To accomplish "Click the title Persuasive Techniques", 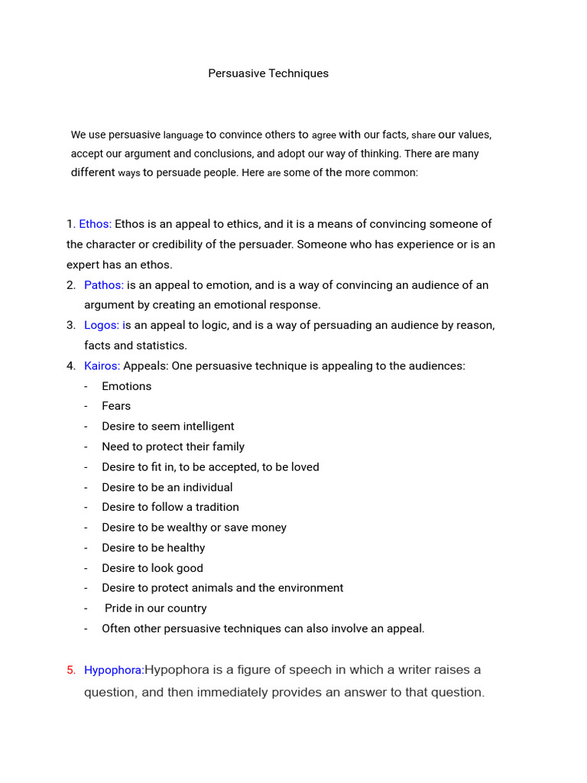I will [268, 73].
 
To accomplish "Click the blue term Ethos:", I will [95, 224].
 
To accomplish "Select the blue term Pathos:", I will [104, 285].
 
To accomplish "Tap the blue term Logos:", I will [102, 325].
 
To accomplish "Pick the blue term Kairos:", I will [102, 366].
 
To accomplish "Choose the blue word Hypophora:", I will [114, 671].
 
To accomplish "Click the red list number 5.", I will [71, 671].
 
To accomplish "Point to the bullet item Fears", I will [116, 406].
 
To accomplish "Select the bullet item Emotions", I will [127, 386].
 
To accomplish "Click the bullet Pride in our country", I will [156, 609].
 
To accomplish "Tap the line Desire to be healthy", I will [154, 547].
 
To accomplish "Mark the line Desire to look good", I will [152, 568].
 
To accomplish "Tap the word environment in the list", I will [307, 588].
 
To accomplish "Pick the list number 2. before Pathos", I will [71, 285].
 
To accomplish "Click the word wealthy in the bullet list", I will [180, 528].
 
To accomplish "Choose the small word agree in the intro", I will [324, 135].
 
